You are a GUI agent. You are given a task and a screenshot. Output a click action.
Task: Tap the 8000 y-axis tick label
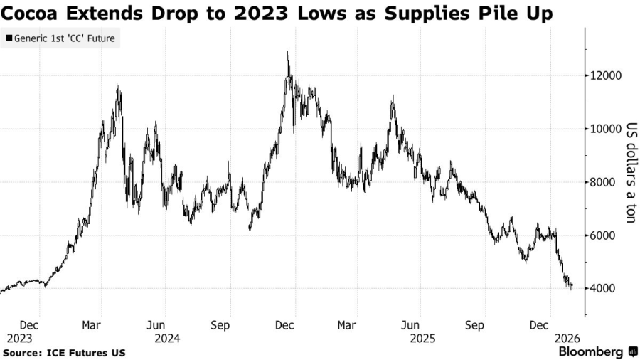pyautogui.click(x=603, y=182)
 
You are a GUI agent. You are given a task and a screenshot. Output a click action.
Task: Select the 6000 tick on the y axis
pyautogui.click(x=603, y=235)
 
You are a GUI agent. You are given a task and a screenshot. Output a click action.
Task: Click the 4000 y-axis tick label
pyautogui.click(x=603, y=289)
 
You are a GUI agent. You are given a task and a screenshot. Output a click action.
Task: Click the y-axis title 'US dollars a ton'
pyautogui.click(x=630, y=174)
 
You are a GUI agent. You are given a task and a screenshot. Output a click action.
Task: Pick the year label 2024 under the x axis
pyautogui.click(x=168, y=339)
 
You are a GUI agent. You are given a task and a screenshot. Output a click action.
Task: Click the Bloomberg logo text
pyautogui.click(x=592, y=351)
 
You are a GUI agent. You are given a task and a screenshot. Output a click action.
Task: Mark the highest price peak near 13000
pyautogui.click(x=287, y=53)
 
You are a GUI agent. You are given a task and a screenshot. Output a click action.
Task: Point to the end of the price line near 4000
pyautogui.click(x=572, y=287)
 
